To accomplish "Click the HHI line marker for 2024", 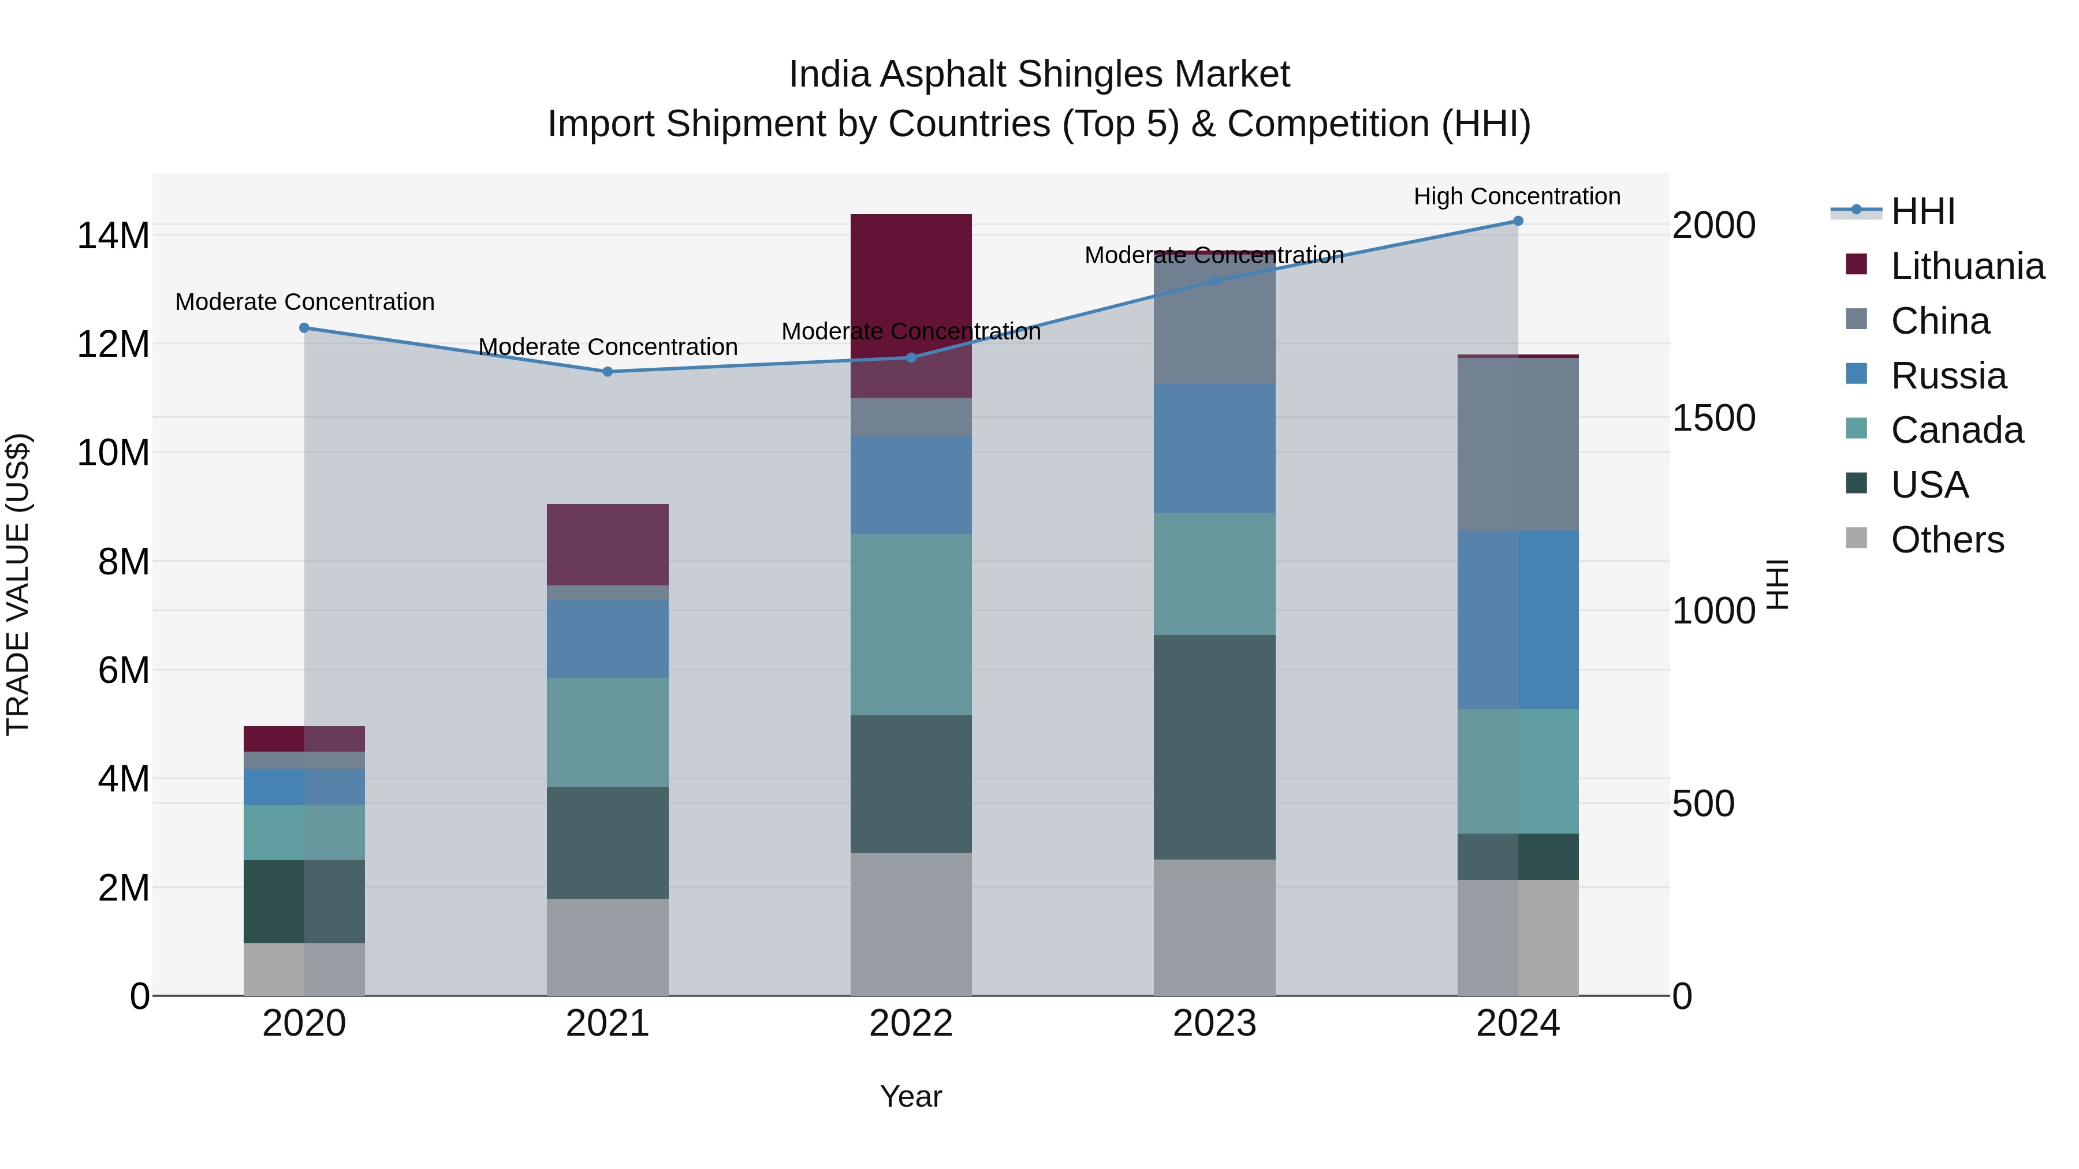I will tap(1517, 221).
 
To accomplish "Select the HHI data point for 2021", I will tap(608, 372).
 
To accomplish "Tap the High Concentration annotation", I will tap(1517, 196).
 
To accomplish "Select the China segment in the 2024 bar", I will tap(1517, 444).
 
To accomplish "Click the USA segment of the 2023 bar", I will tap(1214, 746).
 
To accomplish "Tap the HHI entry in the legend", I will tap(1922, 211).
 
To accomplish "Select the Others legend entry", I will tap(1947, 540).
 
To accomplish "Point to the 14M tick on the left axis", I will tap(113, 236).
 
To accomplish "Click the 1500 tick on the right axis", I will tap(1713, 418).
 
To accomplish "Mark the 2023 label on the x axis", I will tap(1214, 1024).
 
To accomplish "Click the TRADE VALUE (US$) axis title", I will tap(18, 584).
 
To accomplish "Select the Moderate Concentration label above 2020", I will tap(304, 302).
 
